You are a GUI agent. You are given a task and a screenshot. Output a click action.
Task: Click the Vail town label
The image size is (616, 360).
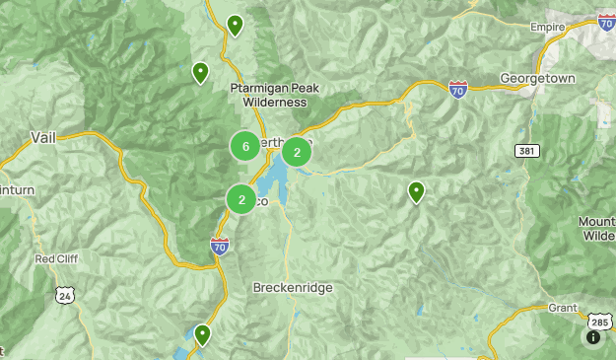point(43,137)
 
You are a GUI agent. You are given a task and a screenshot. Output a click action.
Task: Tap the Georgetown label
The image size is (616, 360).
point(536,77)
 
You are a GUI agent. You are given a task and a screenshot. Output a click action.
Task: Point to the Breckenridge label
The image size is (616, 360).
point(293,287)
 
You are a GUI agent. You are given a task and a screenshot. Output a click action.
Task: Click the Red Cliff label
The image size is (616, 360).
point(56,259)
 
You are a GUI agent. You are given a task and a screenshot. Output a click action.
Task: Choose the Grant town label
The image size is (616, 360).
point(563,308)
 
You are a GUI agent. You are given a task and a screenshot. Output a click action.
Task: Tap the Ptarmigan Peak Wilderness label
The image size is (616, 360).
point(268,94)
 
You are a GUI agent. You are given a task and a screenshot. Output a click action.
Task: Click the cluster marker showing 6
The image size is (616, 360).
point(245,146)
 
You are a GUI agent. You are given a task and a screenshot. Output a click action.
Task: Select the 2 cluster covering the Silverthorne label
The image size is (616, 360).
point(297,152)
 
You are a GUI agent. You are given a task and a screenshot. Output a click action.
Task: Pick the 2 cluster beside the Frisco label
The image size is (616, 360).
point(241,199)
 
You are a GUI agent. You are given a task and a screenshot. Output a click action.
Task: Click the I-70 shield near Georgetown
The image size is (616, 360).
point(458,90)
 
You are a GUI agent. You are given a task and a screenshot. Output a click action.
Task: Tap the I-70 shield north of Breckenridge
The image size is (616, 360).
point(220,248)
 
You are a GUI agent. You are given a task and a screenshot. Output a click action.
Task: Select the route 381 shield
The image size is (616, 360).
point(526,149)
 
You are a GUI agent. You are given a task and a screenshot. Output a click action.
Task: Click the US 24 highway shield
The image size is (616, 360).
point(65,294)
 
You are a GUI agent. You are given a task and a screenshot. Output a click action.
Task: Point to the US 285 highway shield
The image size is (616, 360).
point(599,321)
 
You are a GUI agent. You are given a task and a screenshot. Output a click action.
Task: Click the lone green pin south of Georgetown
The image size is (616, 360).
point(417,191)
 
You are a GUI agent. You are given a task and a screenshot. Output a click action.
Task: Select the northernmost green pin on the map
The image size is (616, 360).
point(235,24)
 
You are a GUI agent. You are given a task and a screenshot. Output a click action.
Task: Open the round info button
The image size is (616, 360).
point(593,337)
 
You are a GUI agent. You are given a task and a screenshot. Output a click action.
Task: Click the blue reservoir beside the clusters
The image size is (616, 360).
point(275,179)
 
